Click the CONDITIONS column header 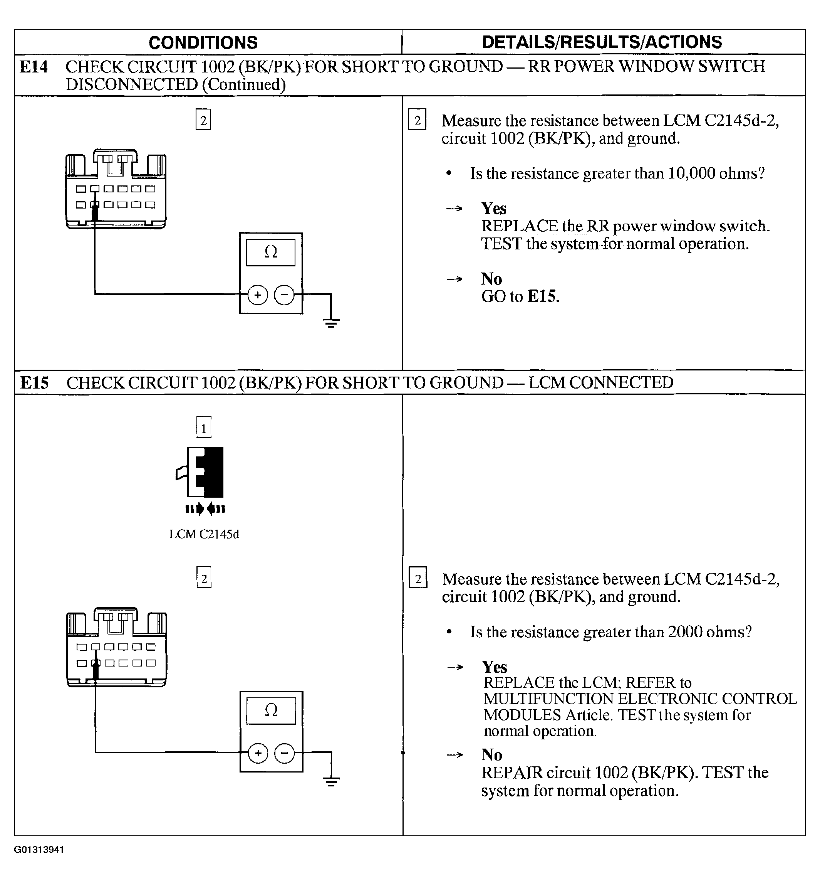203,42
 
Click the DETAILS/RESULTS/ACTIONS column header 602,42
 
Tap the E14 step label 34,67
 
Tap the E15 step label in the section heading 34,383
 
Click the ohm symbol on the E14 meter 271,252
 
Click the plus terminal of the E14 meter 258,295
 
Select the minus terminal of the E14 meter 285,295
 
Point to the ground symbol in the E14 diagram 331,323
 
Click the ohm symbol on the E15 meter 271,711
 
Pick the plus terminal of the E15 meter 258,753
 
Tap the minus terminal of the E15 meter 285,753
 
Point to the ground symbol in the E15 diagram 331,781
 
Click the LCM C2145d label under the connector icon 204,534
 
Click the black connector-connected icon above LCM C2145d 205,473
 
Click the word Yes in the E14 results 494,209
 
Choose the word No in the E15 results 492,755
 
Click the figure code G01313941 39,850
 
